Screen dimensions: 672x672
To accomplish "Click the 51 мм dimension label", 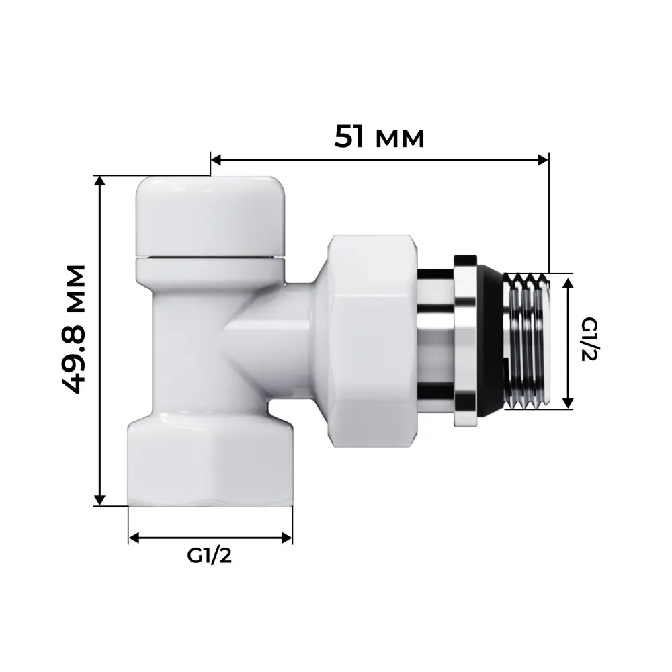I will [x=380, y=137].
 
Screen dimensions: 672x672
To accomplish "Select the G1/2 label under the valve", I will [x=209, y=556].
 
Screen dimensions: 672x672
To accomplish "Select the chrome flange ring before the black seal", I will [x=465, y=341].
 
